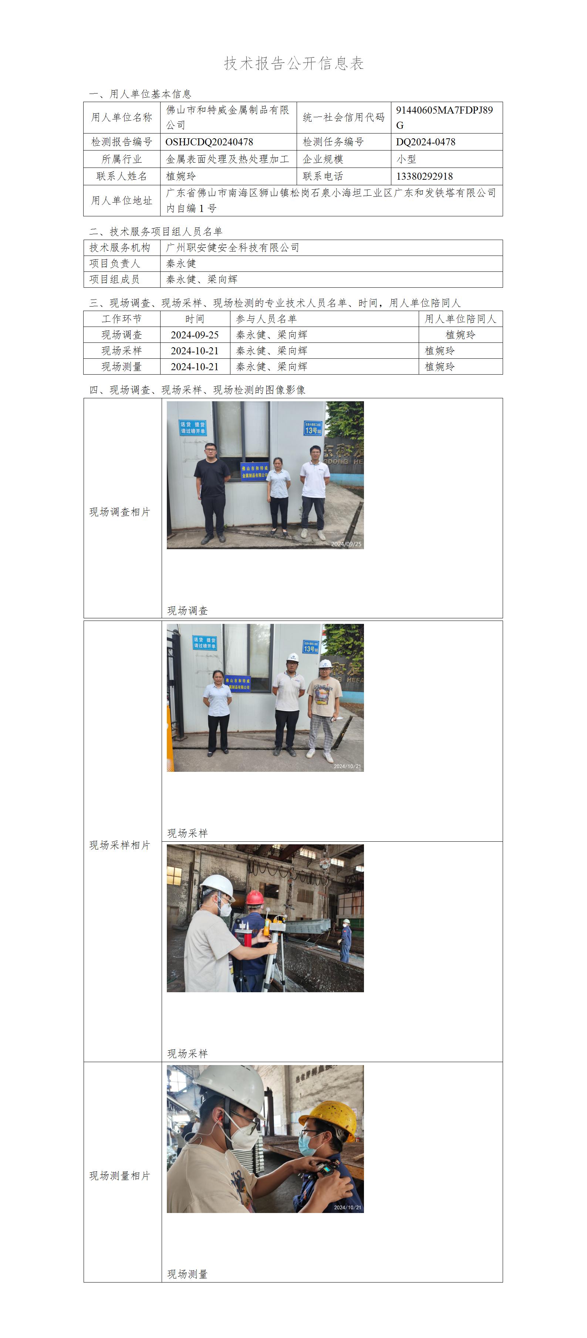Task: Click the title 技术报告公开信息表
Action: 294,63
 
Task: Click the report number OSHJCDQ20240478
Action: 209,142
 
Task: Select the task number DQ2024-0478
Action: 425,142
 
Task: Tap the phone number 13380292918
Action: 424,176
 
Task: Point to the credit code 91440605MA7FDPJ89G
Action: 444,117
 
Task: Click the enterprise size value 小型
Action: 406,159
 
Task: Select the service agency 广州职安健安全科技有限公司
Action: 233,248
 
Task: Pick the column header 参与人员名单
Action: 266,319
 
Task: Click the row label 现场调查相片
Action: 119,512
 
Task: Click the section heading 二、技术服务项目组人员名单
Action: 156,232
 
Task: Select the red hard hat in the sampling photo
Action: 255,898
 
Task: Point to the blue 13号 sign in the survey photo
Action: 313,428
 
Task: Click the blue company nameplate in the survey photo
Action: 254,472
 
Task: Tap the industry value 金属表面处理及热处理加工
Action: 227,159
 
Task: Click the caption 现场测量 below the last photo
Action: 188,1274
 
